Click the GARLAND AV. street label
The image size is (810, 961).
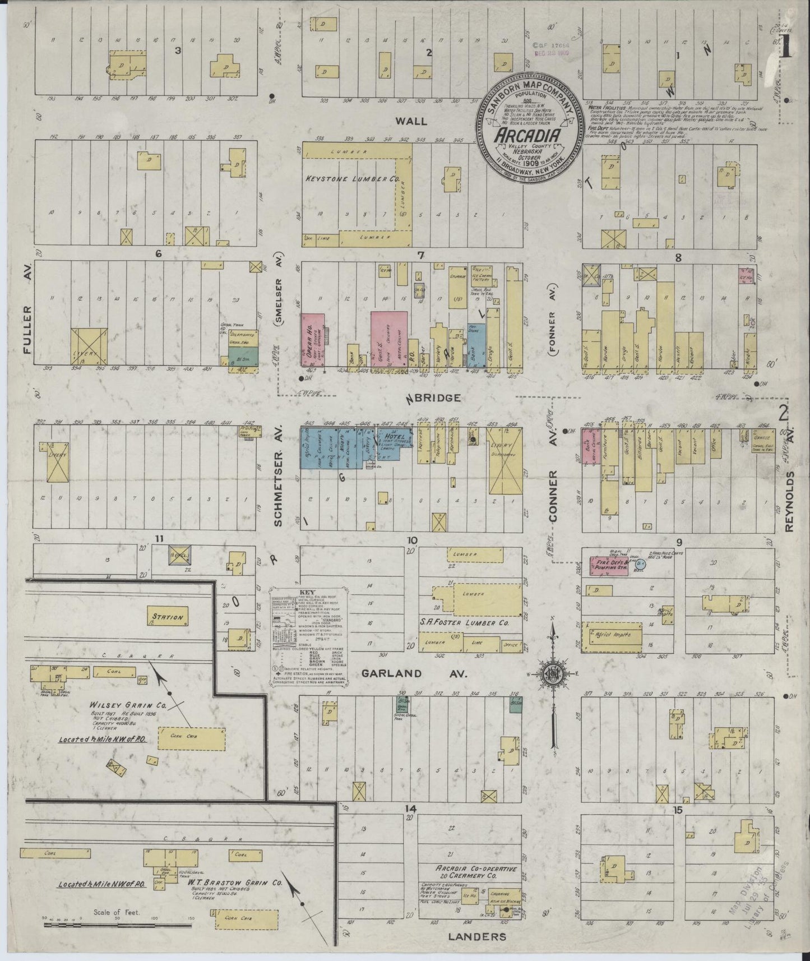pos(414,673)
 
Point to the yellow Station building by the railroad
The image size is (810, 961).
pos(168,617)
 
